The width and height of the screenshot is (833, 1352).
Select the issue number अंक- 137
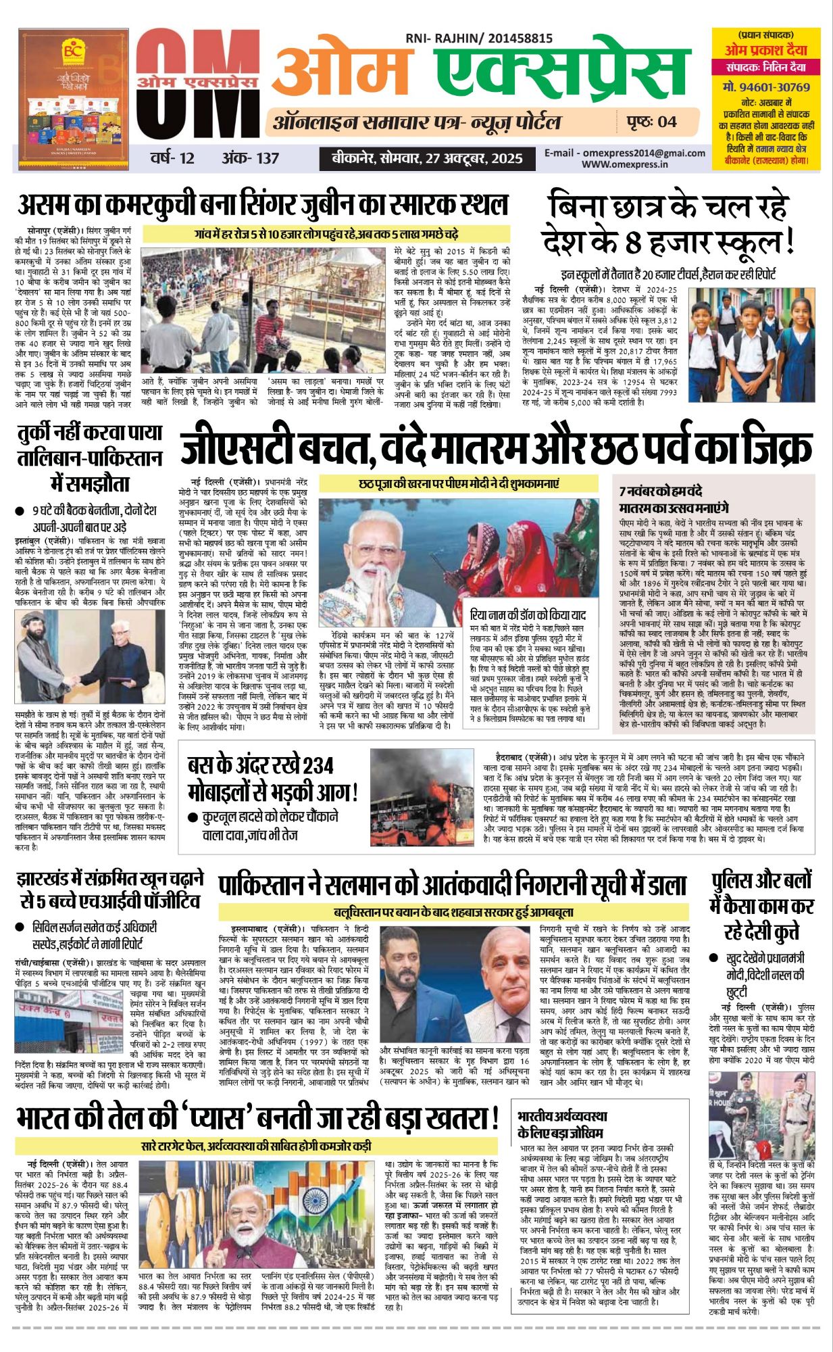tap(250, 158)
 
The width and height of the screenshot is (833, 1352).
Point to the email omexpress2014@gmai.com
tap(625, 153)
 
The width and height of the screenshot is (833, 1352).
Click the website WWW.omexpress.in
tap(625, 164)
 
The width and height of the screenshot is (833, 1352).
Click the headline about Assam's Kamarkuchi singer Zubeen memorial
tap(263, 204)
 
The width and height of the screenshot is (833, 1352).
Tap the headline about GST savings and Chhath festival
tap(496, 445)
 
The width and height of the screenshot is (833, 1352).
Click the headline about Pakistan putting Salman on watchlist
tap(452, 885)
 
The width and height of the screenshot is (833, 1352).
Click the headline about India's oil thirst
tap(257, 1118)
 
